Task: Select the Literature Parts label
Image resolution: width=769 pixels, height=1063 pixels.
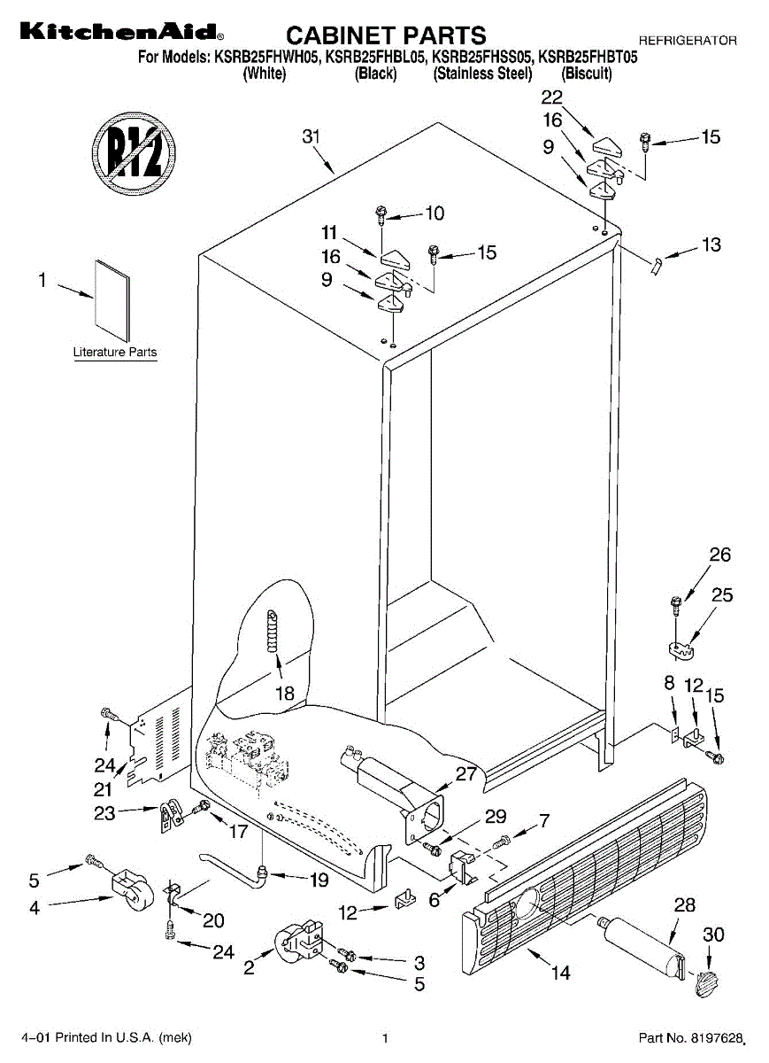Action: pyautogui.click(x=114, y=353)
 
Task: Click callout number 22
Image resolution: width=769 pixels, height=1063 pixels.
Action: pyautogui.click(x=551, y=97)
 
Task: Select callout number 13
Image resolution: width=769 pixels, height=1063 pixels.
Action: pyautogui.click(x=711, y=245)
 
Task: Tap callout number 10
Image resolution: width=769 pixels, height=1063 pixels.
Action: pyautogui.click(x=434, y=213)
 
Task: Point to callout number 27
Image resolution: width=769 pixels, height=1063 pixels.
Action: pyautogui.click(x=466, y=773)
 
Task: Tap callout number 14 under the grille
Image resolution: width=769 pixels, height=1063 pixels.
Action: pyautogui.click(x=560, y=973)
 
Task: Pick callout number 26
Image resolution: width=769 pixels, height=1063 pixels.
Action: pyautogui.click(x=720, y=555)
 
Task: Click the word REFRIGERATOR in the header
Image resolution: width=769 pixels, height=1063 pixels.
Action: pyautogui.click(x=688, y=41)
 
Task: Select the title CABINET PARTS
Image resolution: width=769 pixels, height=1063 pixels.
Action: pyautogui.click(x=386, y=35)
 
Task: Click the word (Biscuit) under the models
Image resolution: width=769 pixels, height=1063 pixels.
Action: pyautogui.click(x=587, y=74)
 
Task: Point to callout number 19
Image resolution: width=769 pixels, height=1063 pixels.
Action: pyautogui.click(x=318, y=881)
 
